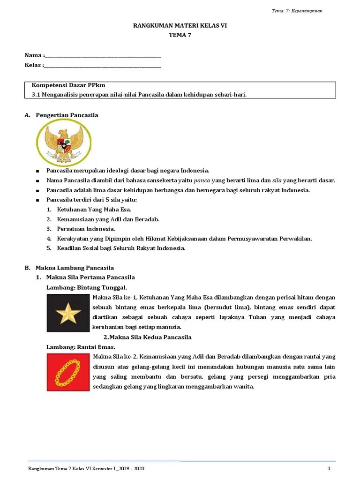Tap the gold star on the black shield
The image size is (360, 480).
[x=68, y=313]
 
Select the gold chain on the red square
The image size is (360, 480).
[x=68, y=372]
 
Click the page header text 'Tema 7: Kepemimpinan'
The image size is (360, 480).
[x=297, y=11]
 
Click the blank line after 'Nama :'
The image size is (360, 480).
[x=103, y=56]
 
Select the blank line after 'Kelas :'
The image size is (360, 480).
[x=103, y=65]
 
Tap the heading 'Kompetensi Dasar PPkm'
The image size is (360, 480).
[x=68, y=85]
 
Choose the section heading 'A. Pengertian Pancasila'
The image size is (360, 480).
[x=61, y=115]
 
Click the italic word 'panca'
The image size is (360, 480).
[x=202, y=180]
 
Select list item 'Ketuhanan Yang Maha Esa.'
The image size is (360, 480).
[x=94, y=210]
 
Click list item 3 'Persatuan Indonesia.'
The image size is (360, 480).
[x=86, y=229]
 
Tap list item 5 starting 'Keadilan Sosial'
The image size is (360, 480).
[x=121, y=248]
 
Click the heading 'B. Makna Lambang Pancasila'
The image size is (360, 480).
[x=69, y=268]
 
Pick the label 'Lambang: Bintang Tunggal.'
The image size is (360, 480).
[x=87, y=287]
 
